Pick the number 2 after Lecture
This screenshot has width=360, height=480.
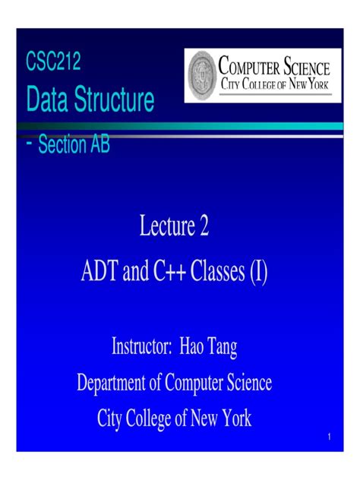point(204,227)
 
